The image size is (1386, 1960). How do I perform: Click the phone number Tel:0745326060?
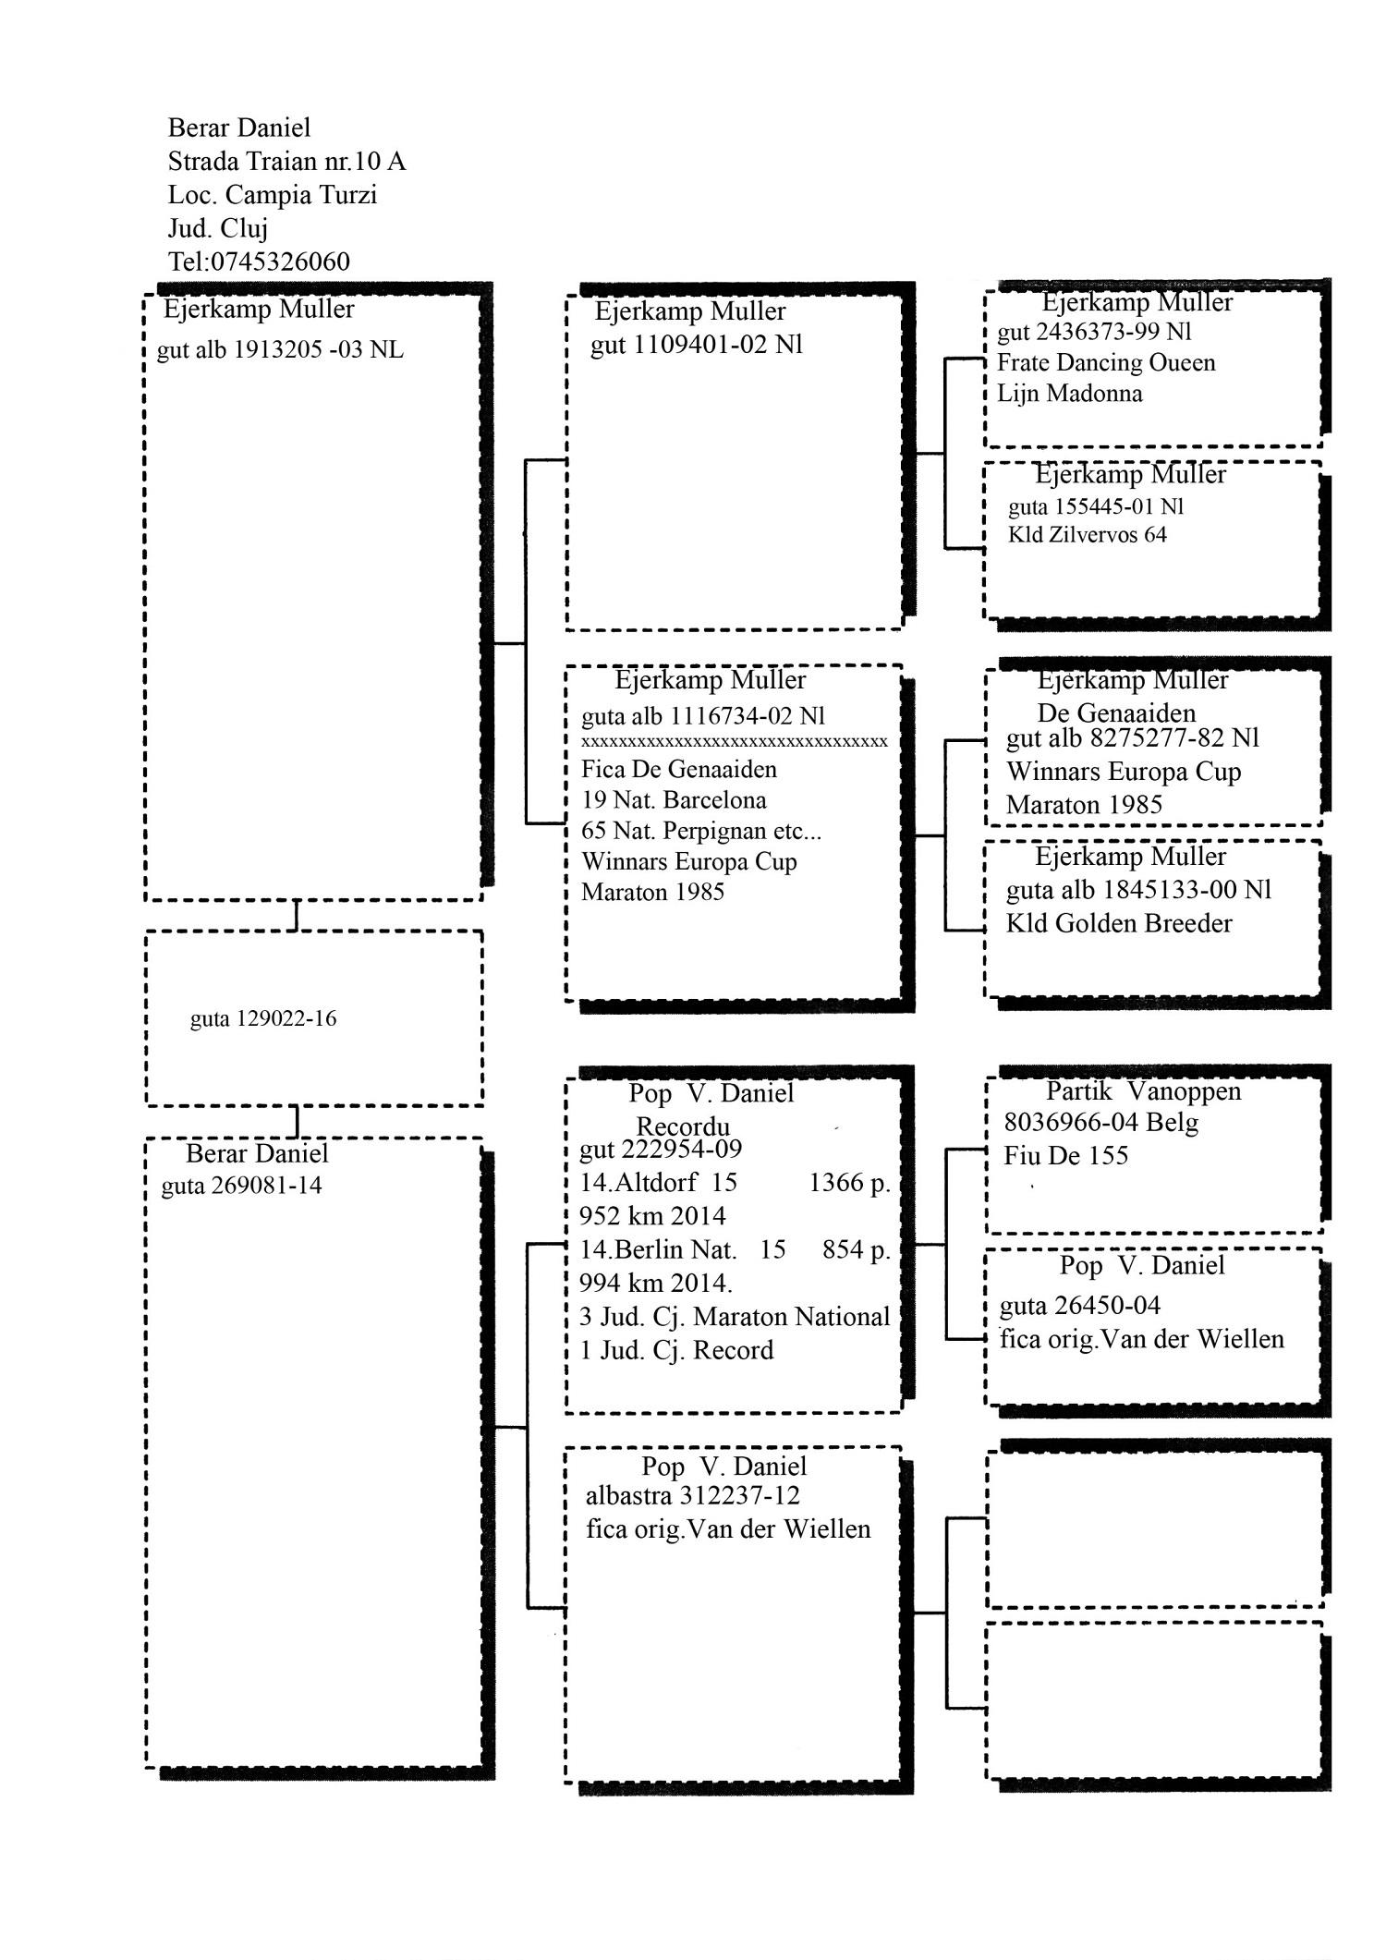[259, 262]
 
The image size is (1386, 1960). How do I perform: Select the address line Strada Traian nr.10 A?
[286, 162]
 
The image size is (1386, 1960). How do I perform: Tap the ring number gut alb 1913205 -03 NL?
[280, 350]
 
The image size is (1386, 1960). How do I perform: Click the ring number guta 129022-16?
[263, 1019]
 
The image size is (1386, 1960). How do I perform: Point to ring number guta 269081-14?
[241, 1186]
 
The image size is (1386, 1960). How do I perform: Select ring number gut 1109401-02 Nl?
[697, 345]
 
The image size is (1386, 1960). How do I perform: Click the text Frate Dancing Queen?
[1106, 362]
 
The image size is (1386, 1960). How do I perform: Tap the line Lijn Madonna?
[1069, 394]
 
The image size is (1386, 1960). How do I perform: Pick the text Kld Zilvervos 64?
[1087, 535]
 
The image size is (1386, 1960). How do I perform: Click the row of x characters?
[734, 741]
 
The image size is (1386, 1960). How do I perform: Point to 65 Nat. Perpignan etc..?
[700, 831]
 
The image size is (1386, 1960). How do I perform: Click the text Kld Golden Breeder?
[1119, 923]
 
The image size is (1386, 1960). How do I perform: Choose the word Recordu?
[683, 1127]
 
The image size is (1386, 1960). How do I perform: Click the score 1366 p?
[849, 1183]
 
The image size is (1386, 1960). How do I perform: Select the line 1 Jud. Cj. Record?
[675, 1350]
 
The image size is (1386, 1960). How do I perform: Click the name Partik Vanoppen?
[1143, 1091]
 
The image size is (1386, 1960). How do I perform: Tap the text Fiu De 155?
[1065, 1155]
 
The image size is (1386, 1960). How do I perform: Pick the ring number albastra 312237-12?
[692, 1495]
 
